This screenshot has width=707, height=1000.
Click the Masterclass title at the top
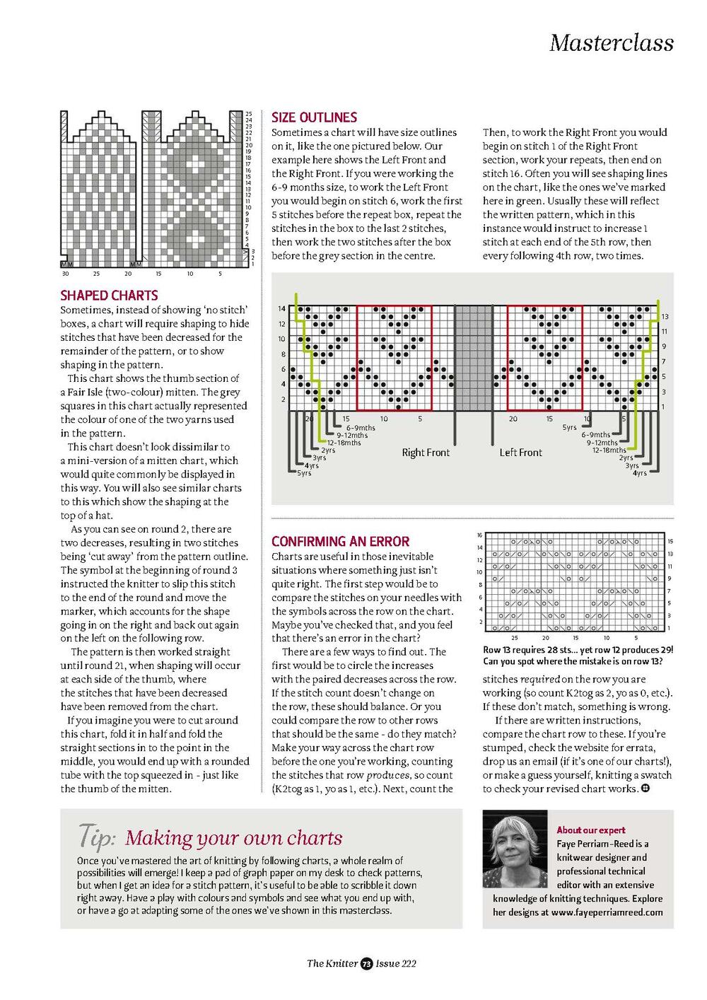coord(611,42)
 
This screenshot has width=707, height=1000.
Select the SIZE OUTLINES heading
coord(314,117)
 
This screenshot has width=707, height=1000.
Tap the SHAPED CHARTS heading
coord(109,295)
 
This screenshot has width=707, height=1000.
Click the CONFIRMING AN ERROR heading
coord(340,541)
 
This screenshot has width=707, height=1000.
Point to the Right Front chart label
coord(426,453)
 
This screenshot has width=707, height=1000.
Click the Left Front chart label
coord(520,453)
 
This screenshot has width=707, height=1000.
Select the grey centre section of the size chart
coord(472,358)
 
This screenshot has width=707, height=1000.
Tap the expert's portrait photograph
coord(515,849)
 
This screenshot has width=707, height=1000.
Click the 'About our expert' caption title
coord(591,830)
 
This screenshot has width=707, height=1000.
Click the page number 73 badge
coord(366,963)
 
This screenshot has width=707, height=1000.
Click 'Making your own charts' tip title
coord(234,838)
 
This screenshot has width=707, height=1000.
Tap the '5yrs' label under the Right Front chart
coord(304,473)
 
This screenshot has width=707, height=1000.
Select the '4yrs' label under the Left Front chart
coord(639,473)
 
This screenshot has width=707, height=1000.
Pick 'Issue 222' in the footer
coord(396,963)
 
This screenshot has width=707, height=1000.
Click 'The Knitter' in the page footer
coord(332,963)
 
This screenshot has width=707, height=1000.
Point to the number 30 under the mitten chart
coord(66,274)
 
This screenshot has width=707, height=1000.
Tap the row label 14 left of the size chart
coord(281,309)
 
